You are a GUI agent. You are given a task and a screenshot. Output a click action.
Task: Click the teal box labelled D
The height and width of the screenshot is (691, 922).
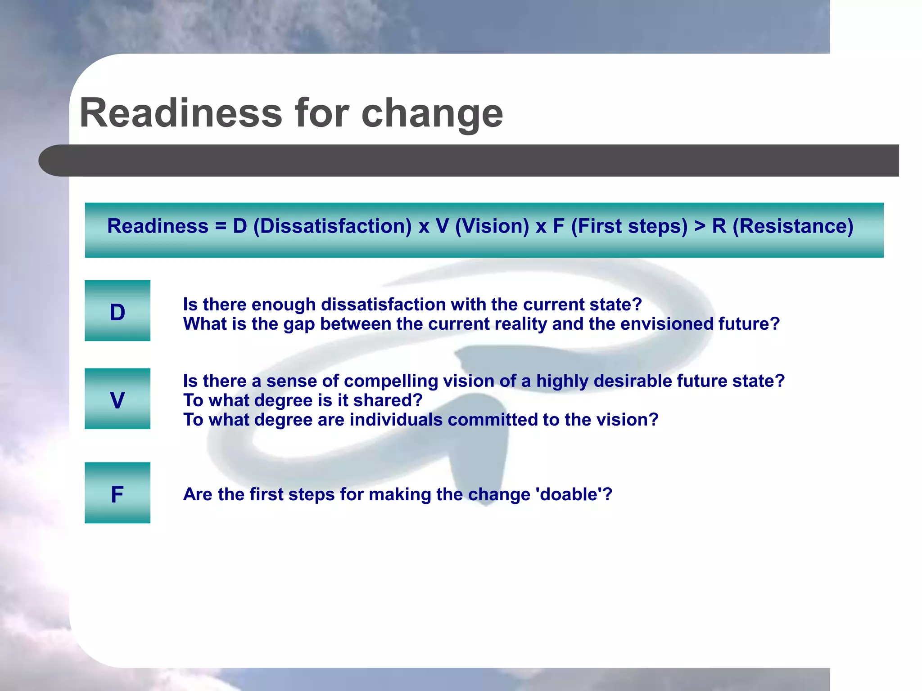(118, 311)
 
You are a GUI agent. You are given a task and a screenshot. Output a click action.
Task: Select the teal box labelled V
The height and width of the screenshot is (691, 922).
(118, 399)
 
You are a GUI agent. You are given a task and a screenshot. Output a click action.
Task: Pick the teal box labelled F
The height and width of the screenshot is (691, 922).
(118, 493)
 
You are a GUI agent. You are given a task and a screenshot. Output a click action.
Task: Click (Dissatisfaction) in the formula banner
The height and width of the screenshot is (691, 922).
(332, 226)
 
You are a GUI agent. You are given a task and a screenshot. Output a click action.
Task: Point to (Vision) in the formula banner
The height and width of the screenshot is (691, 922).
(492, 226)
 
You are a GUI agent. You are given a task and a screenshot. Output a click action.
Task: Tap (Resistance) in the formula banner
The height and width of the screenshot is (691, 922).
(793, 226)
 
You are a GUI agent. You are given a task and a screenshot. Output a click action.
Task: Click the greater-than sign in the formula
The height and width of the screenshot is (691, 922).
(700, 226)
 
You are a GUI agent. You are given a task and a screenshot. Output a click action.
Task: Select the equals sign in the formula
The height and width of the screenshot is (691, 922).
(221, 226)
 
